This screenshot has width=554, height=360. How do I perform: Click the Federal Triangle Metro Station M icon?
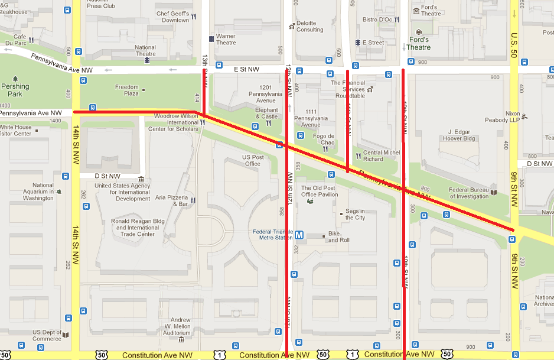tap(299, 235)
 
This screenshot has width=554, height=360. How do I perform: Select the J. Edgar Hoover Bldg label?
tap(462, 135)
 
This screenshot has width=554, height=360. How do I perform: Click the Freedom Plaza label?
tap(126, 90)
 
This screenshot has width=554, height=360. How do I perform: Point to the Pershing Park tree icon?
tap(15, 79)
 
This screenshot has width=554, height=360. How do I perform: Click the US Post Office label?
tap(252, 160)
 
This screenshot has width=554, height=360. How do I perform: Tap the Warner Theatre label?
tap(226, 39)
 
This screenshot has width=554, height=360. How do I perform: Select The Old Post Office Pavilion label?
tap(320, 191)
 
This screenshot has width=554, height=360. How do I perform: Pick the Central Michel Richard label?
tap(382, 155)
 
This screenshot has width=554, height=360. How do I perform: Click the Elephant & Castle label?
tap(266, 113)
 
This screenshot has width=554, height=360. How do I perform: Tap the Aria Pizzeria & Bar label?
tap(172, 201)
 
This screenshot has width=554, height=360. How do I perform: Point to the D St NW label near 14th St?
tap(107, 176)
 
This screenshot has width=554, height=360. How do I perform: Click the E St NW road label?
tap(246, 69)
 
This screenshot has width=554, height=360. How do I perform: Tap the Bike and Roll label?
tap(338, 237)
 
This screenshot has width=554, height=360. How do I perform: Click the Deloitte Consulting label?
tap(309, 27)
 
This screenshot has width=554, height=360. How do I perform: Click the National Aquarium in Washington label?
tap(38, 192)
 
